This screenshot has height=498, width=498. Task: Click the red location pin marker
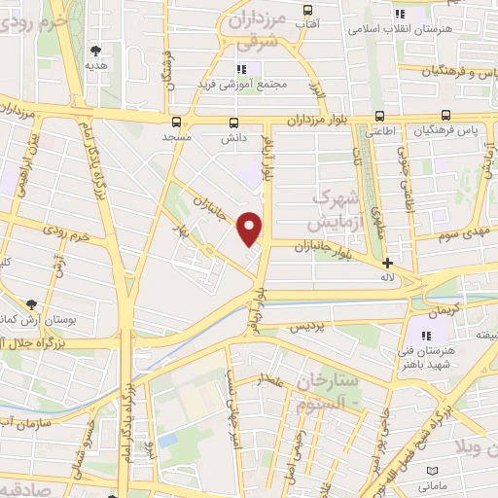250,229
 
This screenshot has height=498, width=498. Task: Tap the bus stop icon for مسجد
177,123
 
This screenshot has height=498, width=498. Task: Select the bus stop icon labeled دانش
233,123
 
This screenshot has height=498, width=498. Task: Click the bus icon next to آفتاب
336,9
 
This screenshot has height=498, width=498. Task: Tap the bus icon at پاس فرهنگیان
446,115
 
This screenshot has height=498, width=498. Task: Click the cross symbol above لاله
388,263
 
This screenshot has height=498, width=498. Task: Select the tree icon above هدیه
94,51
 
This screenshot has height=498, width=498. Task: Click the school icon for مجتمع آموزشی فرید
243,69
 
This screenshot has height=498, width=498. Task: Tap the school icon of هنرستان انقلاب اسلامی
399,14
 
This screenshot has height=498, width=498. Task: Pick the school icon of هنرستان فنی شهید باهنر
424,336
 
